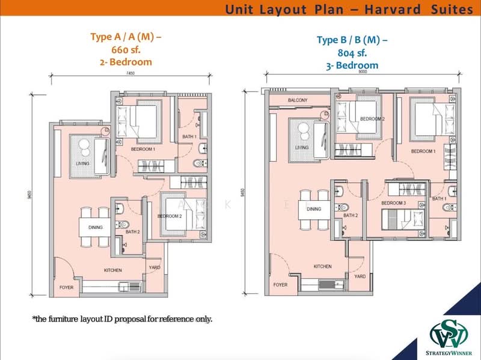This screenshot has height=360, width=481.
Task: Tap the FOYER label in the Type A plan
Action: point(66,287)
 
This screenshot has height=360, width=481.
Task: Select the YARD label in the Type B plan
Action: point(360,276)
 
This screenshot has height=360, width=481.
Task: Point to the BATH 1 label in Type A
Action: point(189,137)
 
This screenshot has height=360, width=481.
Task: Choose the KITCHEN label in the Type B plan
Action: point(322,266)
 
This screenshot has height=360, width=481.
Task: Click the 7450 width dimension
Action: point(130,73)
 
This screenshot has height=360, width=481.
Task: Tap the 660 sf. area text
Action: point(125,50)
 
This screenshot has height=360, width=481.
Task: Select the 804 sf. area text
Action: point(352,53)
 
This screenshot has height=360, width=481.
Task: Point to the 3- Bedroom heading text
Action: point(352,66)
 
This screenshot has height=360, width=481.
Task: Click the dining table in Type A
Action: point(96,227)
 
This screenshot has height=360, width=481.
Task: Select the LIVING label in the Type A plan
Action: point(82,163)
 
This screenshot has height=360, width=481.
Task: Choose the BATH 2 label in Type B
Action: point(351,215)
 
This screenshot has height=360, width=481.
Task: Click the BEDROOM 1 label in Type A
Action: point(143,149)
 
